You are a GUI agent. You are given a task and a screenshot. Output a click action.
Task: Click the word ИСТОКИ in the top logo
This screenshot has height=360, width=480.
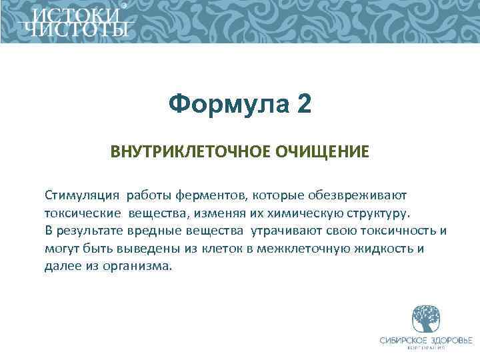(x=77, y=15)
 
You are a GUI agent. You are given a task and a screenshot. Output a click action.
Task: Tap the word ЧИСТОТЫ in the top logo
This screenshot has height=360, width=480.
(x=77, y=29)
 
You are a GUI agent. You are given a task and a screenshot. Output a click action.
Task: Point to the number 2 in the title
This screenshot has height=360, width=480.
(x=304, y=104)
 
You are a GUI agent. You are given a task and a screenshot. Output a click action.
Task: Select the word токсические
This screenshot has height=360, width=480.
(x=79, y=213)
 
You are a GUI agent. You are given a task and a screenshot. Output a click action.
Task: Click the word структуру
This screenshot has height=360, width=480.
(x=379, y=213)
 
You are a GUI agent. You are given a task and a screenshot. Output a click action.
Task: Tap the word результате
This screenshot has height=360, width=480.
(x=89, y=231)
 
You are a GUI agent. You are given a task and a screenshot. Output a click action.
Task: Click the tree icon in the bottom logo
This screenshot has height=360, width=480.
(x=424, y=319)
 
